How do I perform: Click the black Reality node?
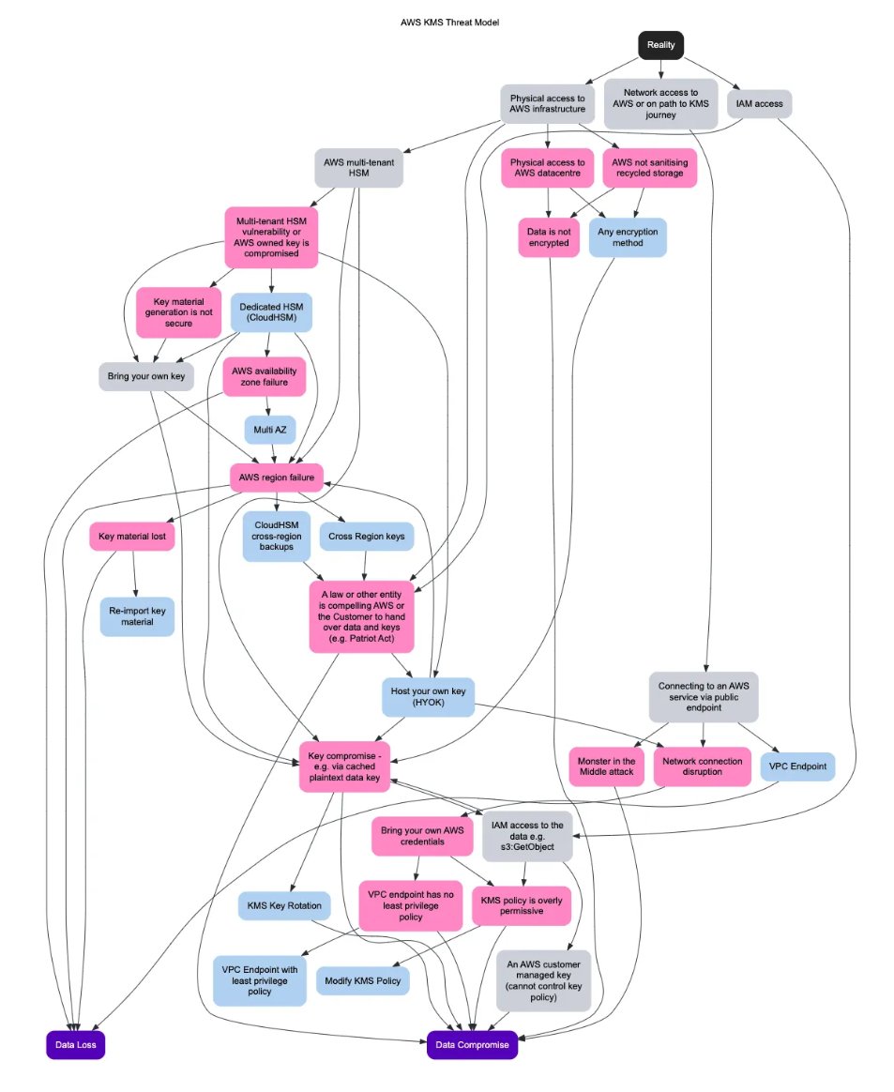point(661,45)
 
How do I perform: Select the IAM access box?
point(759,103)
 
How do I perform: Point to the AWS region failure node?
point(277,478)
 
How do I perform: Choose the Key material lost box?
point(132,538)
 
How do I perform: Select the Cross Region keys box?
point(366,537)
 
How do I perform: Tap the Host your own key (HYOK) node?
point(428,697)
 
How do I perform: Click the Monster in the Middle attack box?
point(607,767)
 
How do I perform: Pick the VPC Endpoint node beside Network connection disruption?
point(797,766)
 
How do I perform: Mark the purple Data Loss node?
point(75,1044)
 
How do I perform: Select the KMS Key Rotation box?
point(283,906)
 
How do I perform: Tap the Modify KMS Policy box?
point(363,981)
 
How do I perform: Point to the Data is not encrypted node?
point(548,236)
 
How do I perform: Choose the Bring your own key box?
point(140,376)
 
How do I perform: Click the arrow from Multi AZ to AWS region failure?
point(272,454)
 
